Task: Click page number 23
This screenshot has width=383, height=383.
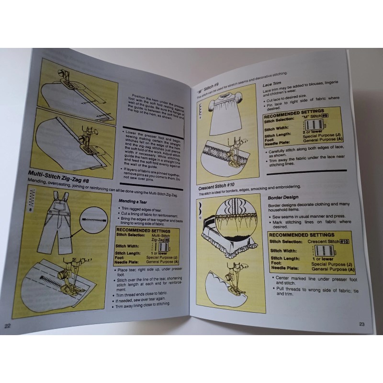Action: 362,324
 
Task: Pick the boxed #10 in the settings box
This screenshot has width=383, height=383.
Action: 343,242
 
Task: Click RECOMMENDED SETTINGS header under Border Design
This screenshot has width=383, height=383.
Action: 302,235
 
